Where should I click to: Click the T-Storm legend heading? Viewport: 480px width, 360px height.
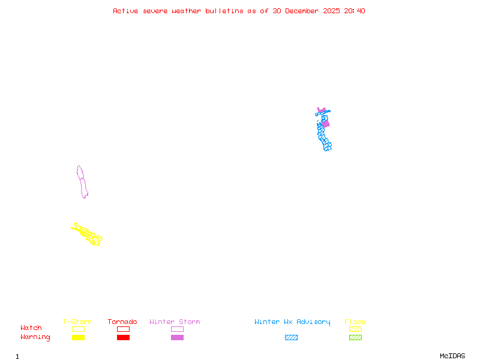click(77, 322)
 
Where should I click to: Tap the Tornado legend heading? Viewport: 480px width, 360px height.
click(122, 322)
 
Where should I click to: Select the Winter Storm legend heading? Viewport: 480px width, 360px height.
click(175, 322)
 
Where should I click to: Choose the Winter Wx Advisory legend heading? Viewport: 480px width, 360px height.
click(292, 322)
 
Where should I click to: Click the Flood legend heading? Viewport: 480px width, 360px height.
click(355, 322)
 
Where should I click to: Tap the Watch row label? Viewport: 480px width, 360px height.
click(31, 328)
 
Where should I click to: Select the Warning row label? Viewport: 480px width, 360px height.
click(35, 337)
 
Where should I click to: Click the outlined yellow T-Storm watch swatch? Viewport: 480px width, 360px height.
click(78, 329)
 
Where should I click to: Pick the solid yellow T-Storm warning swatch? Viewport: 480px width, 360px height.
click(78, 338)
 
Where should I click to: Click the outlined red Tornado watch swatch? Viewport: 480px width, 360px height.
click(123, 329)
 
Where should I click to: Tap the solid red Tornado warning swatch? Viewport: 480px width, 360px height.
click(123, 338)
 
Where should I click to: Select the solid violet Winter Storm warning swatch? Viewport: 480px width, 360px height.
click(177, 338)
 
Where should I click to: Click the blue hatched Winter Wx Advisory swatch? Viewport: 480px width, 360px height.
click(291, 338)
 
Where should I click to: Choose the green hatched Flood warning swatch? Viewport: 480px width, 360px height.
click(355, 338)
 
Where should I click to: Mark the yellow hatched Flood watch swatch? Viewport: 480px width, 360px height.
click(355, 329)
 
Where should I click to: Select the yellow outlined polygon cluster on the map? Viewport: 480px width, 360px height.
click(88, 234)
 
